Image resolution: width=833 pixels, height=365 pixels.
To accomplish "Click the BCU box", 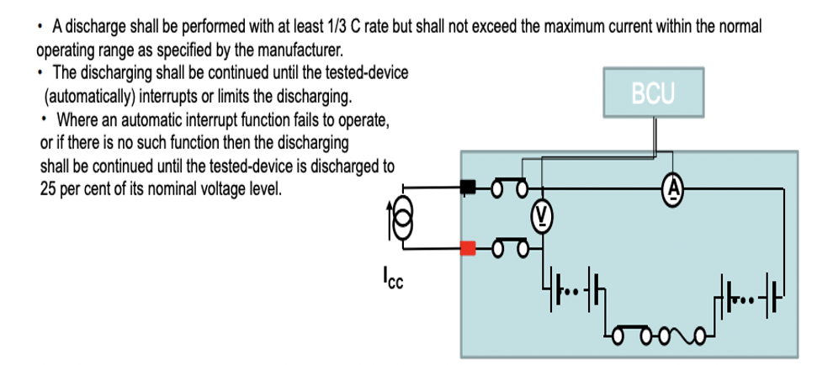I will (x=653, y=93).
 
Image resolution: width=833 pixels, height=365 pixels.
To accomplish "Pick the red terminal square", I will (x=469, y=247).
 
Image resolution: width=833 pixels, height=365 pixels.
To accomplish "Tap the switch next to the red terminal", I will (x=509, y=247).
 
